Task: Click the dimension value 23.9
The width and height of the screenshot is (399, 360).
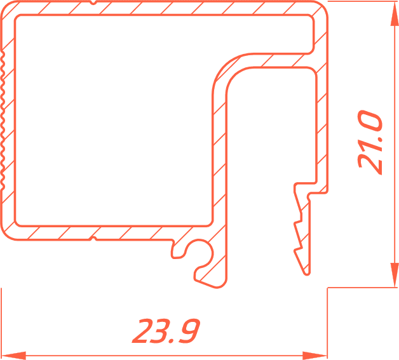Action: click(x=166, y=331)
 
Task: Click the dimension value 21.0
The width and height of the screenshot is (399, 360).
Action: click(x=370, y=142)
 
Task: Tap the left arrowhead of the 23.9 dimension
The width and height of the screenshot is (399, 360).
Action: click(x=13, y=356)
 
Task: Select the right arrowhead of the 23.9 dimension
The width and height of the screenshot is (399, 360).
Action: click(x=314, y=356)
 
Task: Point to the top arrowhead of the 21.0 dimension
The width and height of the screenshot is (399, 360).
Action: click(x=394, y=13)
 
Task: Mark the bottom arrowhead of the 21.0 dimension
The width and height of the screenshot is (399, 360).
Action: click(x=394, y=276)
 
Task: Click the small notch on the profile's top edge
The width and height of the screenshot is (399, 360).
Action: click(x=93, y=3)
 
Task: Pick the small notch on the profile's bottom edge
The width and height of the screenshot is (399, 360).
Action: click(x=93, y=239)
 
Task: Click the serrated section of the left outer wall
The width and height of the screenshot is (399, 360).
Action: click(x=3, y=119)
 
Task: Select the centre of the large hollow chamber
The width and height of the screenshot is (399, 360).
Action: click(x=114, y=120)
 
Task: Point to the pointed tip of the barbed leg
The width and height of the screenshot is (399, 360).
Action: click(x=307, y=274)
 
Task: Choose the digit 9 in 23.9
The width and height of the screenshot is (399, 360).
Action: click(x=188, y=331)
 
